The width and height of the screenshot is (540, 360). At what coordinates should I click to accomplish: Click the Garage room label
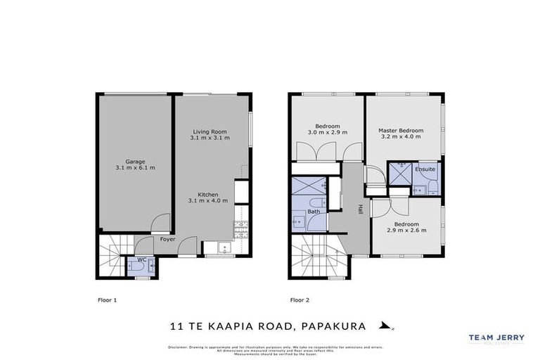click(x=135, y=161)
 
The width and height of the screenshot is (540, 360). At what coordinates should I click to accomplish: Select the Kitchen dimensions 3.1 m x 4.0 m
click(x=208, y=201)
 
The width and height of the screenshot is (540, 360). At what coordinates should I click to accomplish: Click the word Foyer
click(x=167, y=239)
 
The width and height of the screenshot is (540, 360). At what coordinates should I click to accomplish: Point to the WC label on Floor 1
click(x=141, y=259)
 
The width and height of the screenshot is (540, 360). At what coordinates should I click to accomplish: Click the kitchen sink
click(x=223, y=247)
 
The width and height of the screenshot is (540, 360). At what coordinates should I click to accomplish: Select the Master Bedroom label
click(x=401, y=130)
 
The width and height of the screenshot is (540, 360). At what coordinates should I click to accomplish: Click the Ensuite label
click(x=425, y=169)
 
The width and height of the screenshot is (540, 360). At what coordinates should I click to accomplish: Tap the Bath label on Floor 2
click(x=313, y=211)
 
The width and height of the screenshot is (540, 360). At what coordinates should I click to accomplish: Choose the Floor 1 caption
click(x=107, y=300)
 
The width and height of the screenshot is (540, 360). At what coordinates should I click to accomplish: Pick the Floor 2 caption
click(x=300, y=300)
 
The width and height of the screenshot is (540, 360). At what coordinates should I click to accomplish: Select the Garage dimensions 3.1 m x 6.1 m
click(x=135, y=168)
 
